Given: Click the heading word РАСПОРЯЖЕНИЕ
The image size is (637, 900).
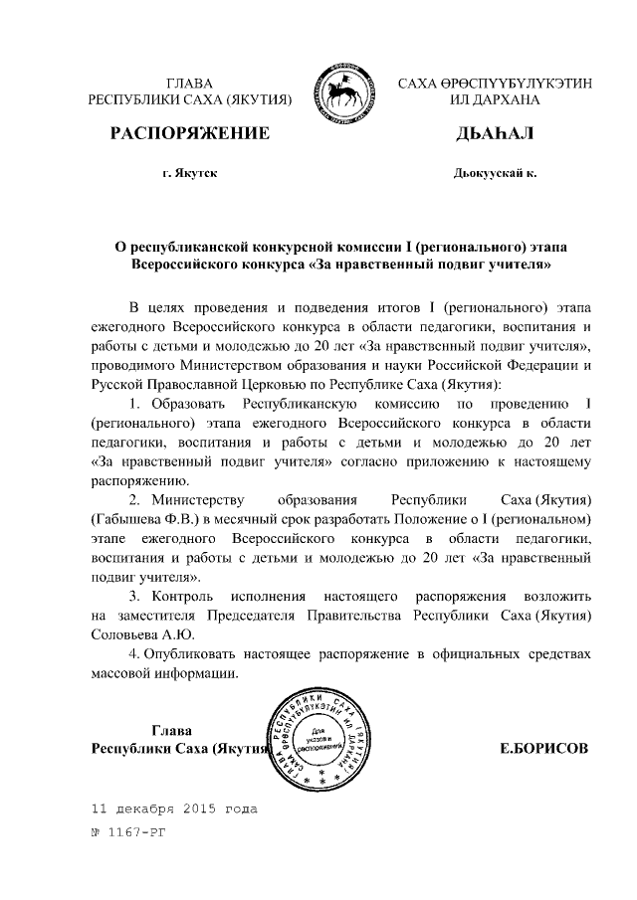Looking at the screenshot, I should point(189,134).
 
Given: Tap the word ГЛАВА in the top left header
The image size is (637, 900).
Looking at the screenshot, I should point(189,84).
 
